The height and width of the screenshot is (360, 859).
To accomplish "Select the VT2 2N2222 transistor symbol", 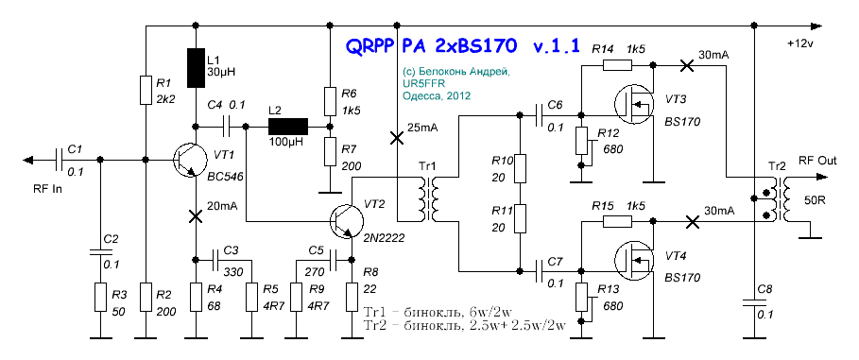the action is point(347,221).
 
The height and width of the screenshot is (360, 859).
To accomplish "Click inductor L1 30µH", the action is point(197,68).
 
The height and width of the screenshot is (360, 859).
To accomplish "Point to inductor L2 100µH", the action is point(288,127).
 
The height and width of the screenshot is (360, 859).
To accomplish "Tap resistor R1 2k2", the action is point(146,91).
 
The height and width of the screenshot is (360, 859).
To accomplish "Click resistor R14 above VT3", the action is point(617,65).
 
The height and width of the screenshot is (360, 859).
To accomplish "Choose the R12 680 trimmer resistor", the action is point(582,142).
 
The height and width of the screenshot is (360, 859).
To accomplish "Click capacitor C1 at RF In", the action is point(60,160).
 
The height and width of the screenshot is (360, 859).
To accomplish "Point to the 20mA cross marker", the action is point(196,215).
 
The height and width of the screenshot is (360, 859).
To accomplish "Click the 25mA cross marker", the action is point(396,138).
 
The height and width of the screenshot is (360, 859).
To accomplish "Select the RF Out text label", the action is point(817,161).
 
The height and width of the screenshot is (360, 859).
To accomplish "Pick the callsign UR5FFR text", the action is point(421,83).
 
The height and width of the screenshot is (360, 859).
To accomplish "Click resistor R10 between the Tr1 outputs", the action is point(519,168).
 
